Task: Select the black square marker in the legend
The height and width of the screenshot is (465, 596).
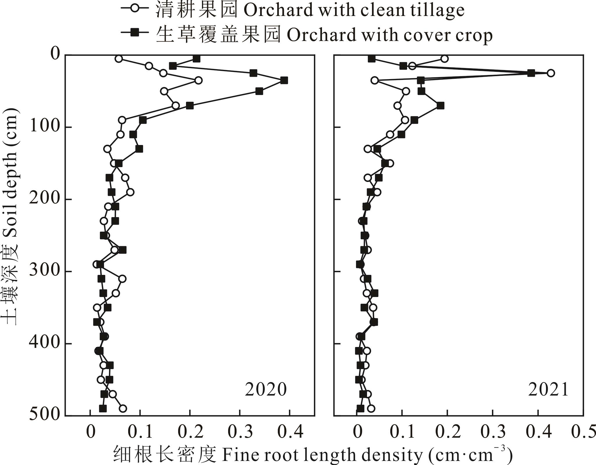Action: coord(135,33)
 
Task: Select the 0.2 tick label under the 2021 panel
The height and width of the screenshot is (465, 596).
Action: coord(447,432)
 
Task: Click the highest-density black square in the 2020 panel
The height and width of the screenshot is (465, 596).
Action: coord(284,81)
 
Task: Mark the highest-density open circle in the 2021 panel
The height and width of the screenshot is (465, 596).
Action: coord(550,73)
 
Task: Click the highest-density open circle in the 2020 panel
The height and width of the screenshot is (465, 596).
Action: coord(198,81)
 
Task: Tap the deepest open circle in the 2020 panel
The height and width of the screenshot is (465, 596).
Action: coord(123,408)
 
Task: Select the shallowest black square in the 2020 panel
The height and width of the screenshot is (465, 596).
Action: coord(196,59)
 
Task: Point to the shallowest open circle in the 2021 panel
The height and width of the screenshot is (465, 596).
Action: coord(444,59)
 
